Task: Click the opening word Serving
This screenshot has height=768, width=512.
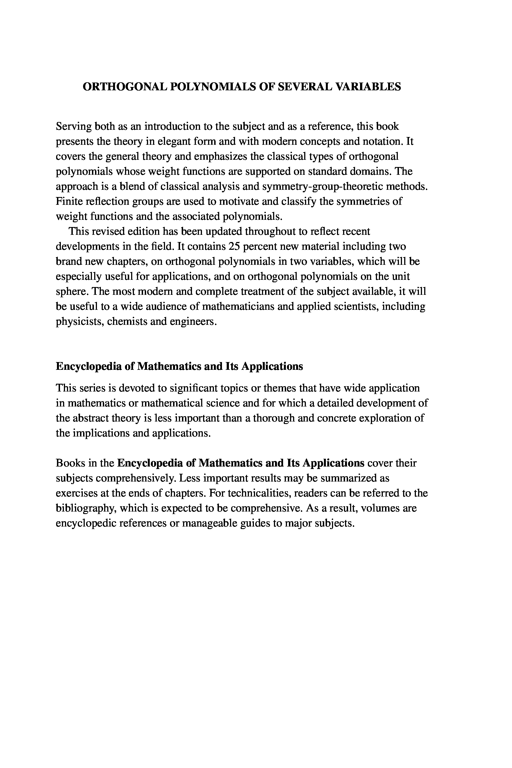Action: click(x=73, y=126)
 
